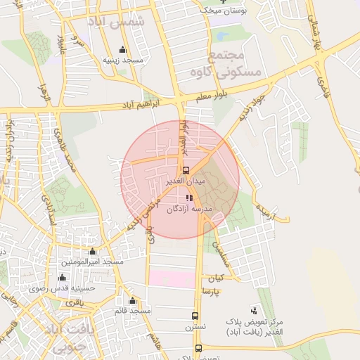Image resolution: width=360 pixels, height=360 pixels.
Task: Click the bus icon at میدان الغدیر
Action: pos(186,169)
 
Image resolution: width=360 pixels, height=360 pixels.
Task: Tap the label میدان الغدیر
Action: pos(184,181)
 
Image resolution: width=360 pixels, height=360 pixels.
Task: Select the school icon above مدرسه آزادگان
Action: pos(188,198)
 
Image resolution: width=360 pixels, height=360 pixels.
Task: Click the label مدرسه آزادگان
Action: pos(189,209)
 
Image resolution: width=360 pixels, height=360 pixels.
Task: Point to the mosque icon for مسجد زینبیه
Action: pos(123,49)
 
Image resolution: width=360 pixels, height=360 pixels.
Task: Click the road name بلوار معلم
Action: pos(213,98)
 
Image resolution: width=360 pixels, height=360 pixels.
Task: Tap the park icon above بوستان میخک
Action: pos(224,2)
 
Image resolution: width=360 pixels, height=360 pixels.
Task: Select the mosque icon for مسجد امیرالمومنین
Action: pos(92,252)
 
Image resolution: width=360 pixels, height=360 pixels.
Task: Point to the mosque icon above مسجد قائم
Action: pos(132,300)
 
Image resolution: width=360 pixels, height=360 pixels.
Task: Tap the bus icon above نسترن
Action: pos(195,316)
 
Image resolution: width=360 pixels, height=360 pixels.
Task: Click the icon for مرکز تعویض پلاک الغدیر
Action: pos(253,310)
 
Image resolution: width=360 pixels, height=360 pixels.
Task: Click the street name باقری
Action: pos(74,301)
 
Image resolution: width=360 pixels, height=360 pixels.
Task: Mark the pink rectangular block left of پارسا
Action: pos(171,278)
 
